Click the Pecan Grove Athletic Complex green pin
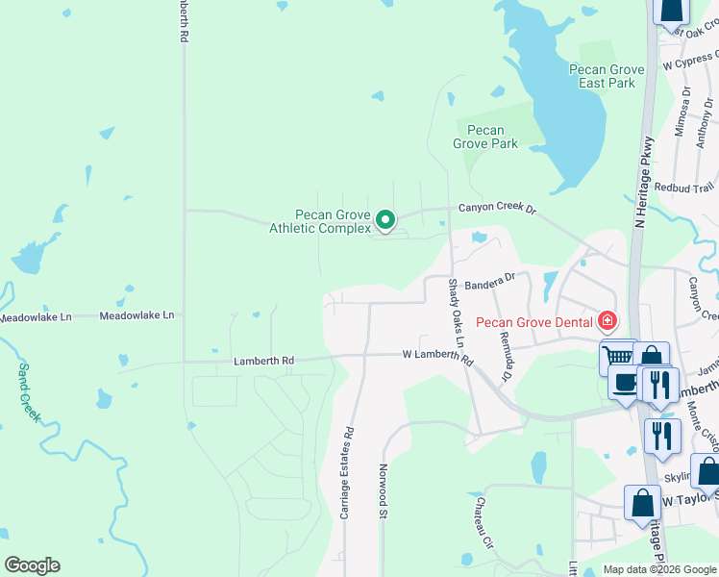tap(384, 221)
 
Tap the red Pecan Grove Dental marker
tap(607, 320)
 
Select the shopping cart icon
tap(619, 357)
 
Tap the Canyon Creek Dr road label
tap(496, 208)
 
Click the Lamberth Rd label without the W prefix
tap(263, 361)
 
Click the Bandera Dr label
tap(490, 280)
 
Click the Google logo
tap(32, 565)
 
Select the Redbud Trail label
tap(684, 188)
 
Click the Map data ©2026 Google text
tap(658, 569)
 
